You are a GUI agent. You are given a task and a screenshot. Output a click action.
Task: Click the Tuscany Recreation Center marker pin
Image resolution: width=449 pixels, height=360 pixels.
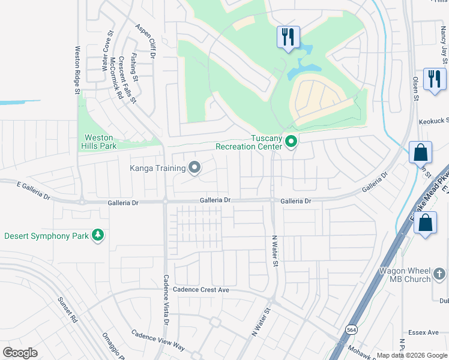291,142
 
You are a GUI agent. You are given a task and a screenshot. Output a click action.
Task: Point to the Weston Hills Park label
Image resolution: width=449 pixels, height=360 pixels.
99,141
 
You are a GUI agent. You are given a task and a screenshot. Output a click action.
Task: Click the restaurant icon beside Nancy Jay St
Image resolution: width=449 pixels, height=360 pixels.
433,79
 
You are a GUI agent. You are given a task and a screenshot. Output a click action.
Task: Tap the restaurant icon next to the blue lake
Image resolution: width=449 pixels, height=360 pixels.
287,37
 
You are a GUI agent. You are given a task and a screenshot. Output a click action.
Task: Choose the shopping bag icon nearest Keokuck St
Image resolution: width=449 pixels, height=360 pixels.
420,152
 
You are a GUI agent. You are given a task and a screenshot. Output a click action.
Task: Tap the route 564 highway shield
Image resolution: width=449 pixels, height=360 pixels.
352,329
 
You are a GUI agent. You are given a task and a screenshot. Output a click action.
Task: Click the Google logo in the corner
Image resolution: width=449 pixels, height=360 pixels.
20,352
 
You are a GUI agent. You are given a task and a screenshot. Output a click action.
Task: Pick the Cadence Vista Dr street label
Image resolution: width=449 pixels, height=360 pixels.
166,300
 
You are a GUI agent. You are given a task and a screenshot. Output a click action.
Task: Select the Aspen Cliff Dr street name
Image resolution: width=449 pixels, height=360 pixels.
145,41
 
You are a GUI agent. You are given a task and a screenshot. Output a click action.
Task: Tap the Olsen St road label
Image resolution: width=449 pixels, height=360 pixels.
415,79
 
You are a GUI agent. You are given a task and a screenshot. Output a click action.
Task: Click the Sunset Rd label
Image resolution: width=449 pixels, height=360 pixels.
68,309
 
